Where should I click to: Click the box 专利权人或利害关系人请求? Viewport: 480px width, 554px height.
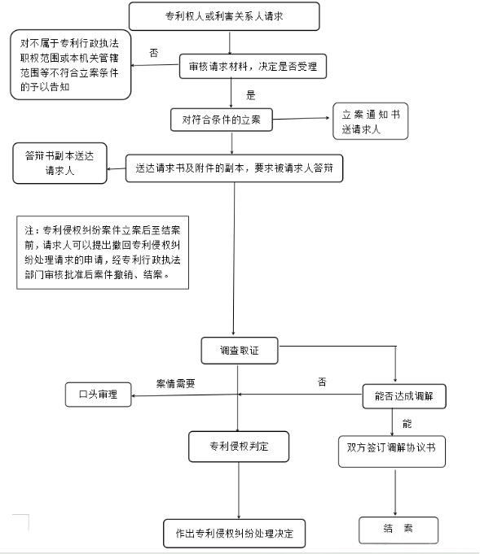click(224, 16)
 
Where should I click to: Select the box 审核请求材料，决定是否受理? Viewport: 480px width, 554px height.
click(253, 66)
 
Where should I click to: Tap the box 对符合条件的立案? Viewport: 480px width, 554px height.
click(222, 120)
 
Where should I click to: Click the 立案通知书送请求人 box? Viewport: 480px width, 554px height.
click(370, 121)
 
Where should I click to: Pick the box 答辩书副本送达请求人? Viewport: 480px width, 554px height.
click(59, 164)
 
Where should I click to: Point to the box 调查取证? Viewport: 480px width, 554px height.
click(240, 351)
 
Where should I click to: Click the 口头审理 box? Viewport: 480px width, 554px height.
click(99, 395)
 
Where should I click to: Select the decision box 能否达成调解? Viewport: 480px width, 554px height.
click(404, 396)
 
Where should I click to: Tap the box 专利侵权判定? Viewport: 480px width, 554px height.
click(239, 447)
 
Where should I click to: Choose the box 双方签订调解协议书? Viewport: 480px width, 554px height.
click(392, 451)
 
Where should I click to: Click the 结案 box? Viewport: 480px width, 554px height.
click(399, 530)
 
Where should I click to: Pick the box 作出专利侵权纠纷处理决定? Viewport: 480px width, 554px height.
click(235, 533)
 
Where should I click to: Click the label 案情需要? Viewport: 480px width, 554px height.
click(175, 383)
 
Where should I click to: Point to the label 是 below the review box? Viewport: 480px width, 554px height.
click(251, 95)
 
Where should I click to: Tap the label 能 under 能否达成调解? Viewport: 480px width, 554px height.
click(407, 424)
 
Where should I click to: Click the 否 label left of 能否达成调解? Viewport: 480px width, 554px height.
click(322, 382)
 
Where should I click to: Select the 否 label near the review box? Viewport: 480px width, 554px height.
click(154, 53)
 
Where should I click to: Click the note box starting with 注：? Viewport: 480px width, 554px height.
click(103, 253)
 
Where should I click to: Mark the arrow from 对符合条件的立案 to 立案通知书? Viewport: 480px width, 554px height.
click(301, 119)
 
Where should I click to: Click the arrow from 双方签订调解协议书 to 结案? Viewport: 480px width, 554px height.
click(395, 492)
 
